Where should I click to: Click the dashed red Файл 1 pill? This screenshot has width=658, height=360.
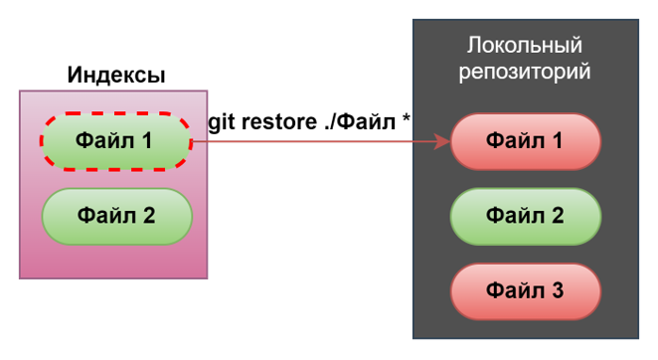pyautogui.click(x=115, y=141)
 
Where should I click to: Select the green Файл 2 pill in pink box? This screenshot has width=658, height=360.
pyautogui.click(x=116, y=215)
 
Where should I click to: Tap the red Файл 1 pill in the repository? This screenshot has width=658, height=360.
pyautogui.click(x=525, y=141)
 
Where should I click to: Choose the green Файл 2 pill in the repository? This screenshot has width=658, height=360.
pyautogui.click(x=525, y=216)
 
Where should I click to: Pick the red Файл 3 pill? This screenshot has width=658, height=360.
pyautogui.click(x=525, y=290)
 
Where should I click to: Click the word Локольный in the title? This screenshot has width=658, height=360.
pyautogui.click(x=524, y=46)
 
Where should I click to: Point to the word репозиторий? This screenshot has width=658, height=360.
pyautogui.click(x=524, y=72)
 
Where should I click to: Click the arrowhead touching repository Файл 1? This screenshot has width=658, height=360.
pyautogui.click(x=444, y=142)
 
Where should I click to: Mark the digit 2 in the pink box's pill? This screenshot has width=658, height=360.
pyautogui.click(x=148, y=215)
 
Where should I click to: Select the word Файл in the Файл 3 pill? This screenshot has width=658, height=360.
pyautogui.click(x=514, y=290)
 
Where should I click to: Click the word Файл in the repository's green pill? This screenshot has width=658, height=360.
pyautogui.click(x=514, y=216)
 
